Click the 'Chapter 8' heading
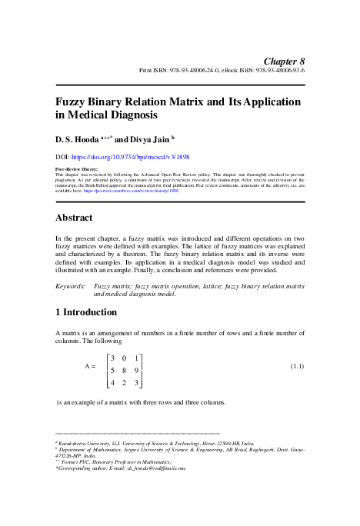284,61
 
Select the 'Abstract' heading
75,218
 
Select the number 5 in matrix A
113,369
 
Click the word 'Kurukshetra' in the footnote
74,444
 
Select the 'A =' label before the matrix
90,368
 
